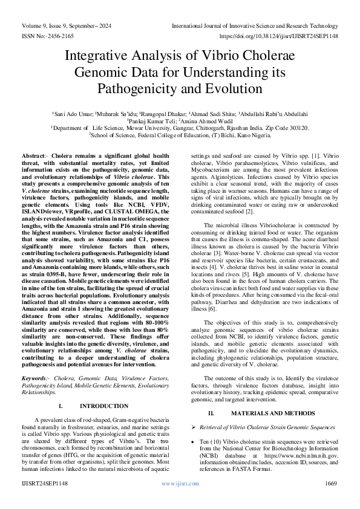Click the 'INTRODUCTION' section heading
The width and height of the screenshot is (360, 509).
(x=104, y=388)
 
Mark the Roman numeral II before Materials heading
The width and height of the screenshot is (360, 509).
(x=212, y=413)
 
